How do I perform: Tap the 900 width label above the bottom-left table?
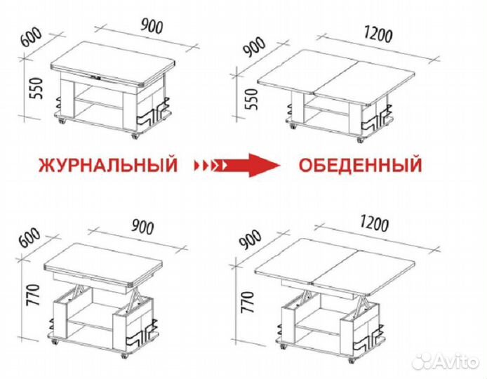(x=144, y=227)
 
